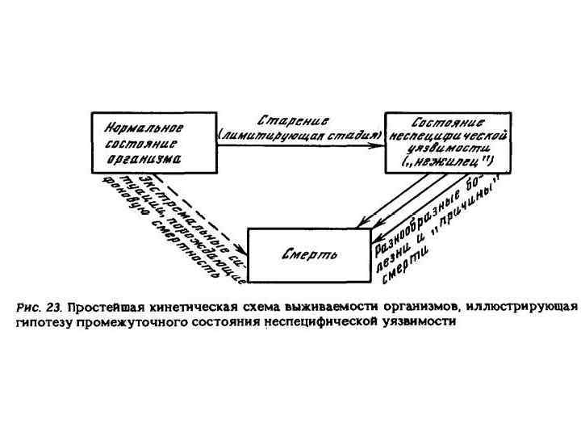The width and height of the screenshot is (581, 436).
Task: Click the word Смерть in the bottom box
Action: [x=303, y=256]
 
